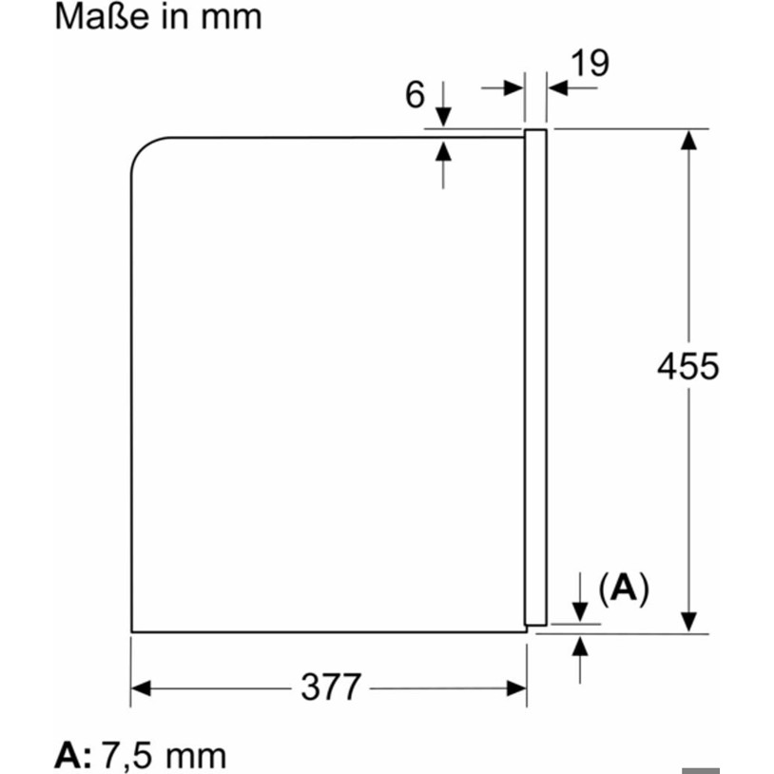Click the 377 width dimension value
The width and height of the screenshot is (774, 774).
pos(331,687)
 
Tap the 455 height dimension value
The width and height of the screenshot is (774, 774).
pos(688,366)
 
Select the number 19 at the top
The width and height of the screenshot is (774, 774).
pos(590,63)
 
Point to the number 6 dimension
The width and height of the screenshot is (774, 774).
pos(415,94)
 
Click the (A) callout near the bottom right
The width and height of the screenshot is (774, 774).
pos(624,589)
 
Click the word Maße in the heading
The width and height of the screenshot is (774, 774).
pos(102,17)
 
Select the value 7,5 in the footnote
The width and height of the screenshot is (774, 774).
pos(126,755)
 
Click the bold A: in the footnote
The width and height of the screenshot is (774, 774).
pos(72,754)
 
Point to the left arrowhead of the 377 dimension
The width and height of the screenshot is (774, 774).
pos(141,688)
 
